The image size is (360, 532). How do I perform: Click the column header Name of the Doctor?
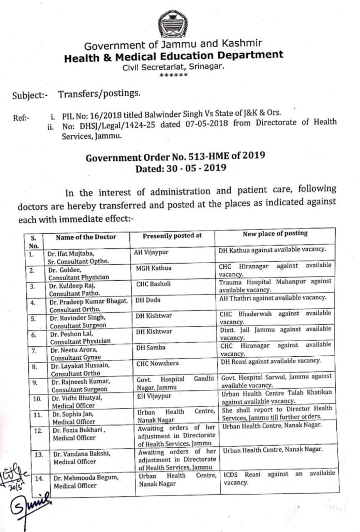(86, 237)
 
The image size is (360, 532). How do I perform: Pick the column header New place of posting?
(274, 234)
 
